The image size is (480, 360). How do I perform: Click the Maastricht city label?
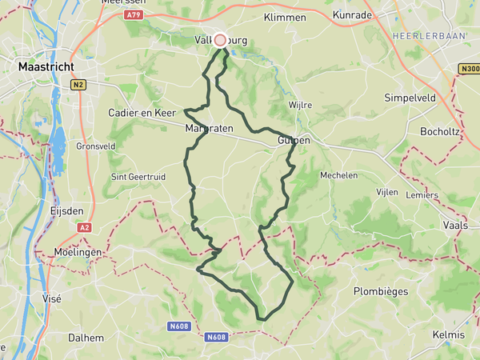[x=46, y=68]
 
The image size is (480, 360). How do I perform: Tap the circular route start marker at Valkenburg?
[x=220, y=40]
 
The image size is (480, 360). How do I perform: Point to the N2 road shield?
[x=78, y=84]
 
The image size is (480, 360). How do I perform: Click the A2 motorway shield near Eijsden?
[x=84, y=228]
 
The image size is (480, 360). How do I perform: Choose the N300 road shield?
[x=469, y=69]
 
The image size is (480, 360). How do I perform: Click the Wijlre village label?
[x=300, y=105]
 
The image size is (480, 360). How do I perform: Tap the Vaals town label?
[x=454, y=226]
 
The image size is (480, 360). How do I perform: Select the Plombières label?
[x=381, y=292]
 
